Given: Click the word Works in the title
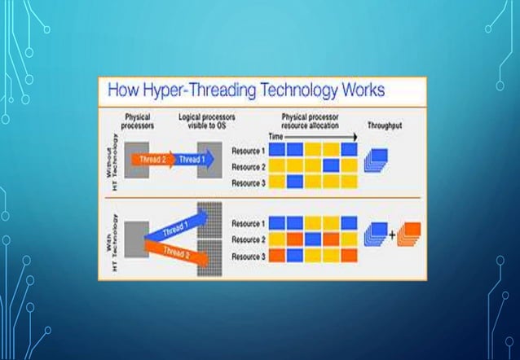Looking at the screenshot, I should point(353,89).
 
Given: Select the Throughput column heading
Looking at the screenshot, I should point(386,126).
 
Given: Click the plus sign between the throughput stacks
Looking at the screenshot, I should point(391,235).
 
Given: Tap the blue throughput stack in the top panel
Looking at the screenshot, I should point(377,160).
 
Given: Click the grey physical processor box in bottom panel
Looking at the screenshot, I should point(136,236).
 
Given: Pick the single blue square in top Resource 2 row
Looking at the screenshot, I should point(331,165).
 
